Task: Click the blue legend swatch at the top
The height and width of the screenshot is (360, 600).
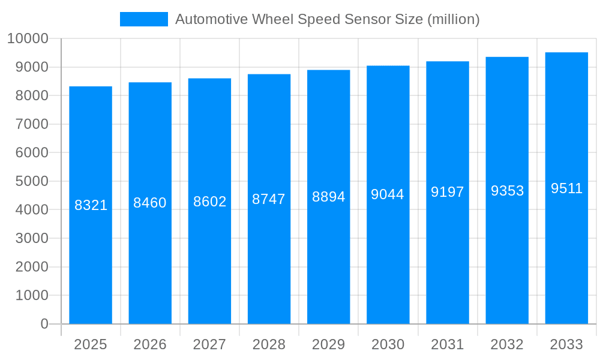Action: coord(143,19)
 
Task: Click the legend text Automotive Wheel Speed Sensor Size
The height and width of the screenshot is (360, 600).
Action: coord(327,19)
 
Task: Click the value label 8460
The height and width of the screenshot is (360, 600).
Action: coord(150,203)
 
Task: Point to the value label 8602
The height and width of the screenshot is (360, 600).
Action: coord(209,202)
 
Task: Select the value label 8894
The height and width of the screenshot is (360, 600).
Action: coord(328,197)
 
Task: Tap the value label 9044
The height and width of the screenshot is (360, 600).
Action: coord(388,194)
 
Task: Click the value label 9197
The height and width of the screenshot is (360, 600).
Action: coord(448,192)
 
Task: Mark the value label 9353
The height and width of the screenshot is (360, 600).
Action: coord(507,191)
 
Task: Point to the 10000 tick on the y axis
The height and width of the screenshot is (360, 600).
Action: coord(27,38)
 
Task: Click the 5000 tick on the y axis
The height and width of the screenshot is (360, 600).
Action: coord(31,181)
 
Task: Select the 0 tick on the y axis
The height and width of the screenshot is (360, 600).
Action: coord(44,324)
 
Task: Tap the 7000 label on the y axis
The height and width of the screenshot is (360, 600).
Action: coord(31,124)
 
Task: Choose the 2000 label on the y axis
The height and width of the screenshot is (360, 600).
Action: coord(31,267)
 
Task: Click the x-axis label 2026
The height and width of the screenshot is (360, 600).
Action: coord(150,344)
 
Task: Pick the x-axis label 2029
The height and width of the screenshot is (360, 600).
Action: coord(328,344)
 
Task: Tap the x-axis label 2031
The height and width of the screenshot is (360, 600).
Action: coord(448,344)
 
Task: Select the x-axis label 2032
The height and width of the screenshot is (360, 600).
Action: coord(507,344)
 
